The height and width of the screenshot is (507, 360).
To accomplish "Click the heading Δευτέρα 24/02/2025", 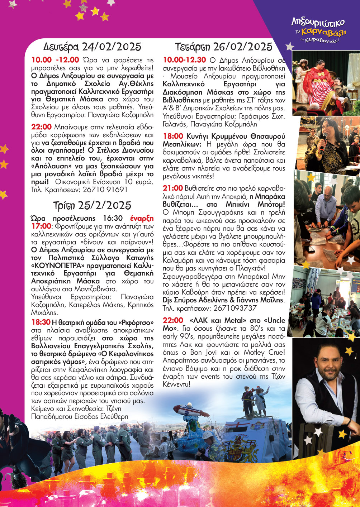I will pos(92,47).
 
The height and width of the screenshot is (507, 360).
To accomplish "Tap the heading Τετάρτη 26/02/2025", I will pos(224,47).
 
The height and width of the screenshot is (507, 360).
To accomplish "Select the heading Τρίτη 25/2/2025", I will pos(92,205).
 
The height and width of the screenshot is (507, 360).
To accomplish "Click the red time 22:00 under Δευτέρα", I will pos(41,127).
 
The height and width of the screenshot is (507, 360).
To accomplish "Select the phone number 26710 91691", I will pos(105,190).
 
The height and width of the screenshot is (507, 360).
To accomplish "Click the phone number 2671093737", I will pos(235,308).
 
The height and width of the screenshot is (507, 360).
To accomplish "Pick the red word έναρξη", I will pos(142,218).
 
